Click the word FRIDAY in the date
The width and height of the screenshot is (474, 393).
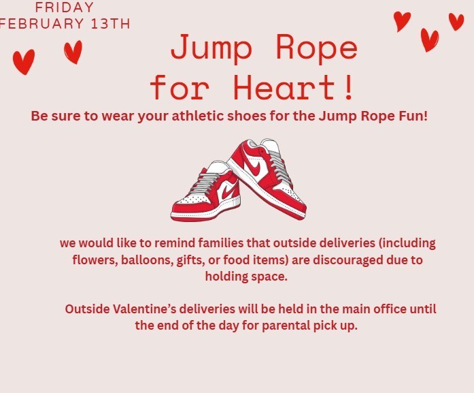(x=64, y=8)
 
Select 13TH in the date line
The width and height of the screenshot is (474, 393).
(x=108, y=24)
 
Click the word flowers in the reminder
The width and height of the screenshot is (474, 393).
(x=94, y=260)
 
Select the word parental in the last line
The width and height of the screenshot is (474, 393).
(x=280, y=326)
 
